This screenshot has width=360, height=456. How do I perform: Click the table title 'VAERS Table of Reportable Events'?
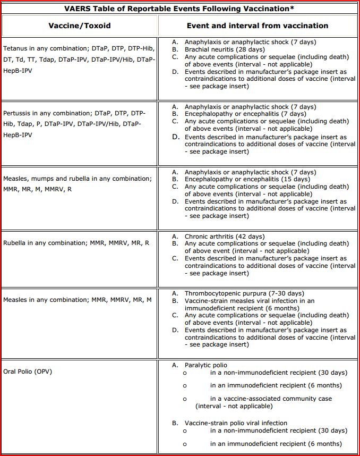point(179,9)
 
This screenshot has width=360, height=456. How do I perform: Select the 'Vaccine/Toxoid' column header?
point(80,26)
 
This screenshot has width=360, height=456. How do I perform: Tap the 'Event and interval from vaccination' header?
point(257,26)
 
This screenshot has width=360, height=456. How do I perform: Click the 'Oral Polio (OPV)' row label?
point(28,371)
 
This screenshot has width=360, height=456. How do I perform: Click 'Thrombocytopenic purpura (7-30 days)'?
point(244,293)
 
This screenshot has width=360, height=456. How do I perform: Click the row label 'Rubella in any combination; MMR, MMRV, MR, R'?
point(76,243)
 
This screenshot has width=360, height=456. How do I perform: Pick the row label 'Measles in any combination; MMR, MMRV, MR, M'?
point(78,300)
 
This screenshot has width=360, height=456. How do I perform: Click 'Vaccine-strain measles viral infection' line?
point(249,301)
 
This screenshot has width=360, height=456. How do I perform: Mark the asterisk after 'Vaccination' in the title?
point(293,7)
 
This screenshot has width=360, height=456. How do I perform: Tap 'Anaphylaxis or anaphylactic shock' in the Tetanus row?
point(250,42)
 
